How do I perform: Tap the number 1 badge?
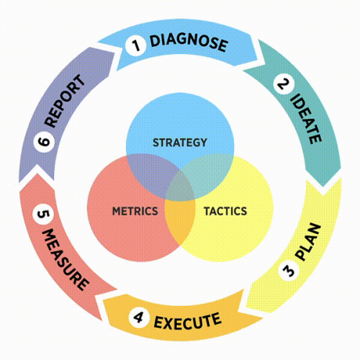tap(136, 45)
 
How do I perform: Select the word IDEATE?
tap(306, 119)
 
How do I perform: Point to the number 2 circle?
tap(284, 84)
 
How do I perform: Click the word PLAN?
tap(308, 242)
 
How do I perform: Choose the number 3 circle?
tap(289, 271)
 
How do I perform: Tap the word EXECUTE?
tap(187, 321)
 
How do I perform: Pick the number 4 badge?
tap(139, 318)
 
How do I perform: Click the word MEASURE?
tap(66, 259)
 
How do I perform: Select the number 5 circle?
tap(43, 214)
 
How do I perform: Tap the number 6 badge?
tap(44, 142)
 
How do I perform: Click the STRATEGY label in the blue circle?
tap(180, 143)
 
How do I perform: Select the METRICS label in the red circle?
tap(135, 211)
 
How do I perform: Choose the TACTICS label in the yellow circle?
tap(225, 211)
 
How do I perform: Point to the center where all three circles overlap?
tap(180, 187)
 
